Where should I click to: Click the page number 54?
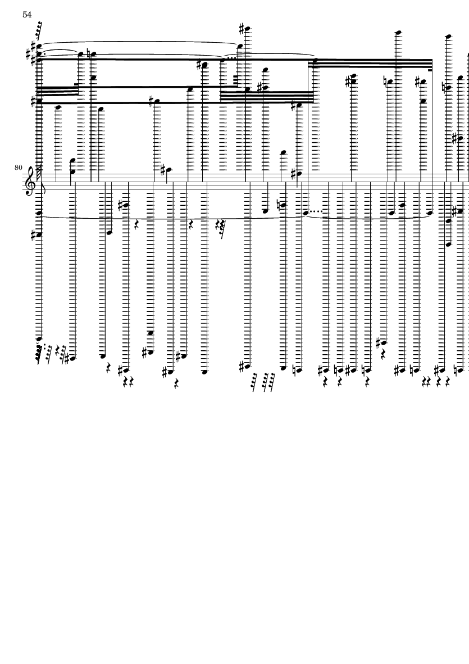tap(27, 15)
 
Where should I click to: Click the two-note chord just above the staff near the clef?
tap(72, 167)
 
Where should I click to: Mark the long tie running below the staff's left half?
tap(169, 219)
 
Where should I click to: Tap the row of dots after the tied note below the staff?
tap(318, 212)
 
